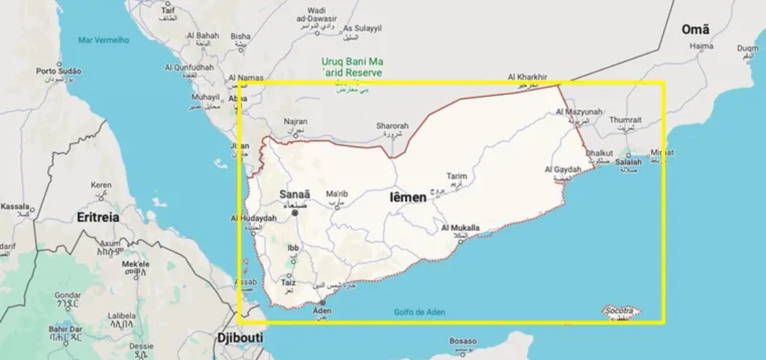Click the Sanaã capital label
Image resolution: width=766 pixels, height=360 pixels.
pyautogui.click(x=294, y=194)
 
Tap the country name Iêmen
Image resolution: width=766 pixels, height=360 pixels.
pyautogui.click(x=408, y=197)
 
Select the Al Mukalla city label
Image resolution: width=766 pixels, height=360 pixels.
pyautogui.click(x=460, y=228)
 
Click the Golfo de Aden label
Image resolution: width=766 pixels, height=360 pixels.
pyautogui.click(x=419, y=312)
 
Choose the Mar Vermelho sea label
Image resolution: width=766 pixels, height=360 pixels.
pyautogui.click(x=103, y=40)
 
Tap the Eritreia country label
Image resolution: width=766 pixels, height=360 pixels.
pyautogui.click(x=98, y=217)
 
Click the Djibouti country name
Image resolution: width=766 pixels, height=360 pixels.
pyautogui.click(x=240, y=337)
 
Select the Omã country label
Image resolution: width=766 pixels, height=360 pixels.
pyautogui.click(x=695, y=30)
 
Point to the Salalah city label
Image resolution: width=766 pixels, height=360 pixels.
pyautogui.click(x=628, y=162)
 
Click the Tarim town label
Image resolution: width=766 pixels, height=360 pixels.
pyautogui.click(x=456, y=176)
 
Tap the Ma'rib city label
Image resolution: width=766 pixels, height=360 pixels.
pyautogui.click(x=337, y=194)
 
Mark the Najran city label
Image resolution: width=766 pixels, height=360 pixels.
pyautogui.click(x=295, y=122)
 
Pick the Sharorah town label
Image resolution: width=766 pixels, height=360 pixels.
pyautogui.click(x=392, y=126)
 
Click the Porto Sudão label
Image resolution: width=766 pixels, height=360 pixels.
pyautogui.click(x=59, y=71)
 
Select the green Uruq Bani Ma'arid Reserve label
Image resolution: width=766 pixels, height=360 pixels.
pyautogui.click(x=352, y=67)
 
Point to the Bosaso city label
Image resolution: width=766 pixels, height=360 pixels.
pyautogui.click(x=463, y=341)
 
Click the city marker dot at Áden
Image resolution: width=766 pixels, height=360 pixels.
pyautogui.click(x=322, y=303)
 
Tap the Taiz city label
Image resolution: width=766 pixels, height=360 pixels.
pyautogui.click(x=288, y=282)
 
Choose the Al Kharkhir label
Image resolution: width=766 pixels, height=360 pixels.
pyautogui.click(x=527, y=77)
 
